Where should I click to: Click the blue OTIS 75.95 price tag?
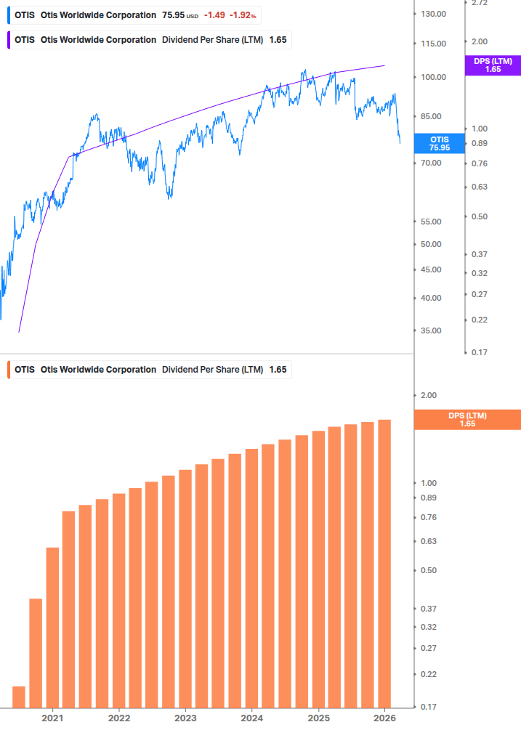(x=439, y=143)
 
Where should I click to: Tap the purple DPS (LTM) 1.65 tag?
(x=493, y=65)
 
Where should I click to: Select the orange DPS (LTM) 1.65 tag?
(x=467, y=419)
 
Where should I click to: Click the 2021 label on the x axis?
(x=52, y=718)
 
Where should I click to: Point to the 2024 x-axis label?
(x=251, y=718)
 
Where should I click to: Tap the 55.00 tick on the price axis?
(x=431, y=222)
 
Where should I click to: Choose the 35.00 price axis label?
(x=431, y=330)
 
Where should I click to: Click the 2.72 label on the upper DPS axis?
(x=480, y=4)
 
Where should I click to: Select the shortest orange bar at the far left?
(x=19, y=696)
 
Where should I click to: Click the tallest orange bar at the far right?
(x=384, y=563)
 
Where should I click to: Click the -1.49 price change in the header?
(x=214, y=15)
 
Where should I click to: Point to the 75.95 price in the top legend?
(x=173, y=15)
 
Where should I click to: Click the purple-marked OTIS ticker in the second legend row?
(x=25, y=39)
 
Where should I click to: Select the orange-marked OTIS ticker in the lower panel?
(x=25, y=369)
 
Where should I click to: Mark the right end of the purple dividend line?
(x=384, y=65)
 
